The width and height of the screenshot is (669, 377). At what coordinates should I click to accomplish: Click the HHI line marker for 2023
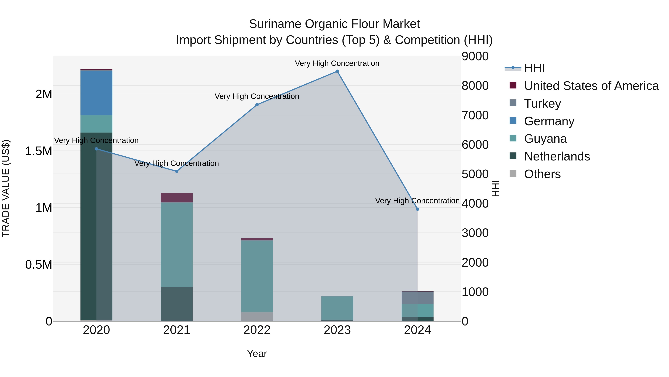click(x=337, y=71)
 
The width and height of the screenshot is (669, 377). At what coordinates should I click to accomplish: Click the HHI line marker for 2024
click(x=417, y=209)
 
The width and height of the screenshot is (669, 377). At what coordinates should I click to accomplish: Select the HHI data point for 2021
click(x=177, y=171)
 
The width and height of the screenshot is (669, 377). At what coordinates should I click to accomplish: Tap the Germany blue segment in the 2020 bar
click(x=96, y=93)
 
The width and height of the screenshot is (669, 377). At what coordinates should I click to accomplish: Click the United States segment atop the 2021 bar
click(x=177, y=198)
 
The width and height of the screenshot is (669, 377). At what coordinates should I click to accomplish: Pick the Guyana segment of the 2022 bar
click(x=257, y=276)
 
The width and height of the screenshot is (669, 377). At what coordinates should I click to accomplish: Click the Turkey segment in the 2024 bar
click(x=417, y=298)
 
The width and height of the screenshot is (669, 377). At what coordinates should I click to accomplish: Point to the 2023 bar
click(x=337, y=308)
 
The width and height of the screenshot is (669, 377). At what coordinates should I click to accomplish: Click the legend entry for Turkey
click(x=542, y=104)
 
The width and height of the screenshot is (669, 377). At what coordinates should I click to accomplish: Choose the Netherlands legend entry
click(x=557, y=156)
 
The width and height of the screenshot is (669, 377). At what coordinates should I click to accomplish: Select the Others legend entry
click(x=542, y=174)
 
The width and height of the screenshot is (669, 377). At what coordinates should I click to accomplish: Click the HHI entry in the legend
click(x=534, y=68)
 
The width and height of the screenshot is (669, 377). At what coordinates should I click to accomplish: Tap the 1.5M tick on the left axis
click(x=38, y=151)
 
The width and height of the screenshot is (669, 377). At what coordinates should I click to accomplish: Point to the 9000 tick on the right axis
click(x=475, y=56)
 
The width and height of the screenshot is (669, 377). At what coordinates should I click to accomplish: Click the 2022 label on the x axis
click(x=257, y=330)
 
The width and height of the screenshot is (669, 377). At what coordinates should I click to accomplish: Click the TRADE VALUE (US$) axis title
click(x=6, y=188)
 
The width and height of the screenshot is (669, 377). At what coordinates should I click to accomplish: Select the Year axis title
click(x=257, y=354)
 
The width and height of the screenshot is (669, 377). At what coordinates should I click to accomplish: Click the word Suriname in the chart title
click(x=275, y=24)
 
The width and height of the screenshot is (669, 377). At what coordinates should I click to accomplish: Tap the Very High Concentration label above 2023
click(x=337, y=63)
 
